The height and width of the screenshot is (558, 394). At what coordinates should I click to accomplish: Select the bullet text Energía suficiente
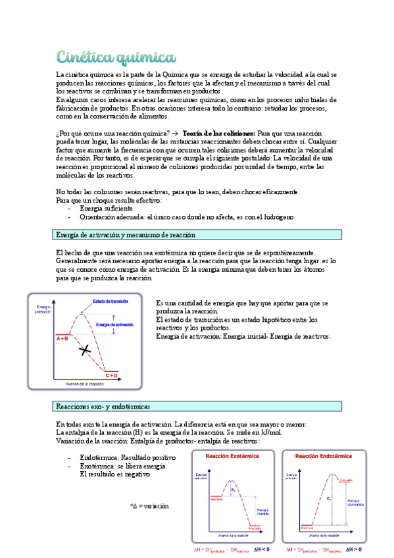(x=105, y=208)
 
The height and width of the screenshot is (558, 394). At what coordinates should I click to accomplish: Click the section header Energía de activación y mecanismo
(x=126, y=234)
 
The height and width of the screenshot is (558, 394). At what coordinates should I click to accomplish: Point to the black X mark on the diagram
(x=84, y=351)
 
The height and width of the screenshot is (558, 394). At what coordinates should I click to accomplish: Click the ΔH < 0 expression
(x=262, y=549)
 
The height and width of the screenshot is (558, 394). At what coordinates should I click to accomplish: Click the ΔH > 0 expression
(x=353, y=549)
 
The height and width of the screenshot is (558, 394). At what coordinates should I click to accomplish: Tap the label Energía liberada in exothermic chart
(x=263, y=511)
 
